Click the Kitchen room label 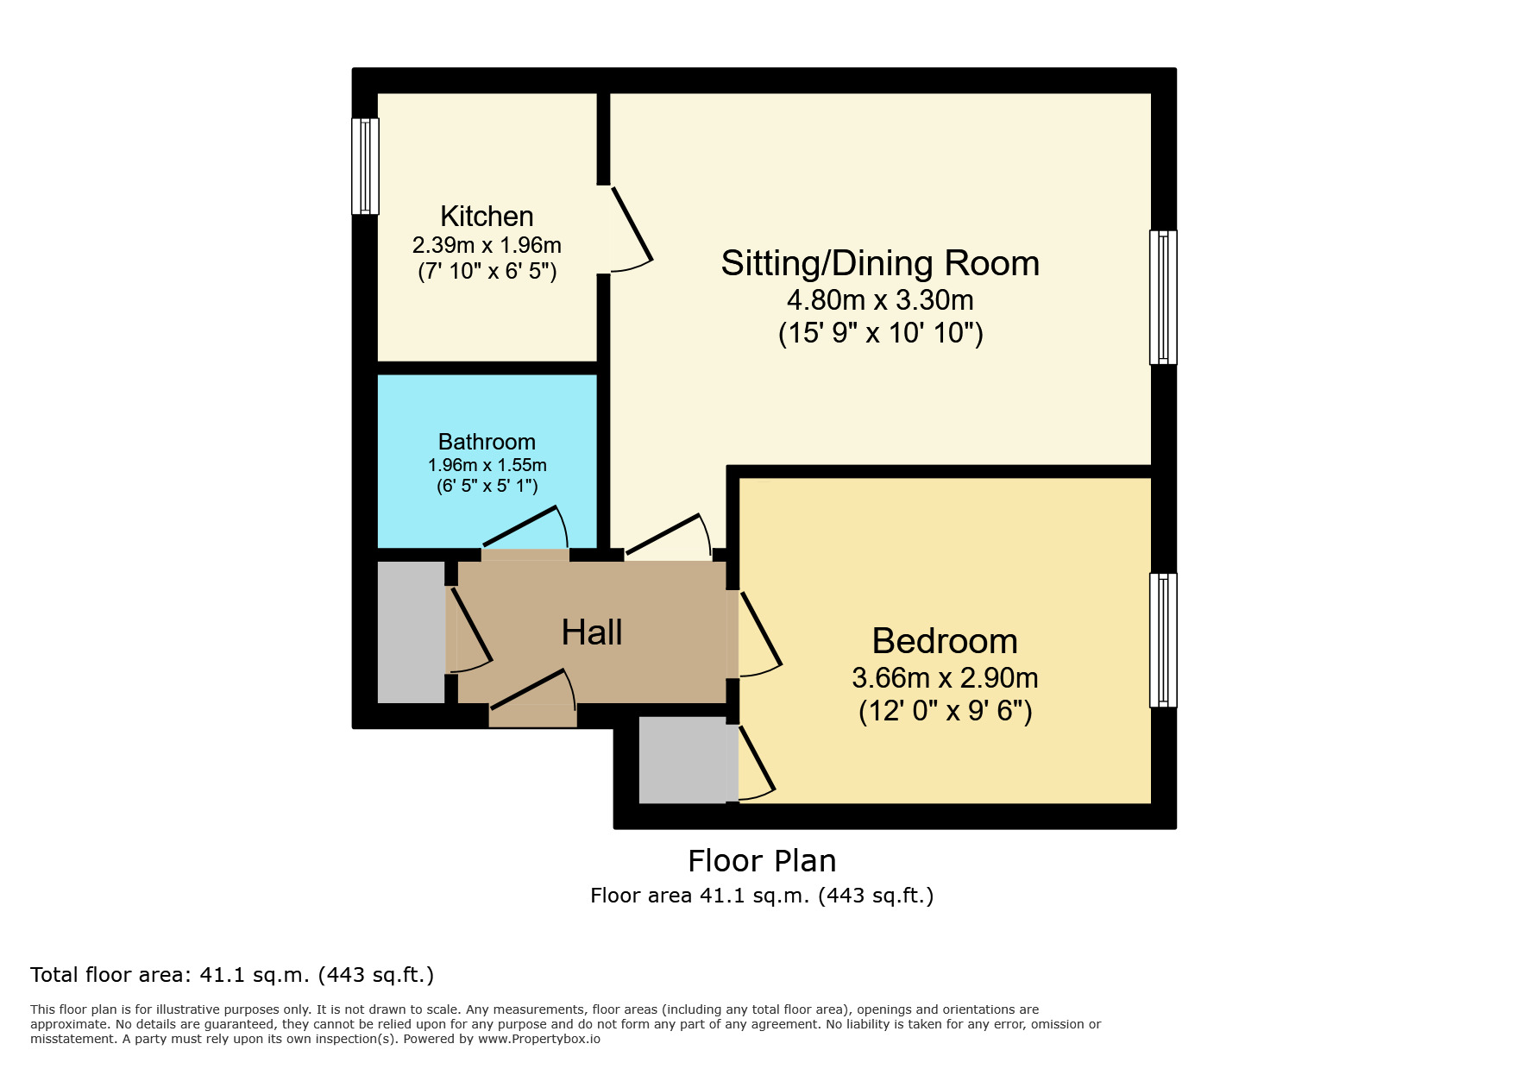click(x=487, y=216)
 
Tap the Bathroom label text click(x=487, y=442)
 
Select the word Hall click(x=592, y=632)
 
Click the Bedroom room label click(x=945, y=641)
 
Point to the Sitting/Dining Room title click(x=880, y=263)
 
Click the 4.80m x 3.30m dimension click(x=880, y=300)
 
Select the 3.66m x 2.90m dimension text click(x=945, y=678)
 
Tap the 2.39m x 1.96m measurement click(x=487, y=245)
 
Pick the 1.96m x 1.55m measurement click(x=487, y=465)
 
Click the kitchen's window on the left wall click(x=366, y=166)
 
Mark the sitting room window click(x=1163, y=297)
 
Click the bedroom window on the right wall click(x=1163, y=640)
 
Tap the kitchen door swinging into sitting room click(x=631, y=226)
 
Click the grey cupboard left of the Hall click(x=412, y=632)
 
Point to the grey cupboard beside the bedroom click(x=682, y=759)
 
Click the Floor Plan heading click(x=762, y=861)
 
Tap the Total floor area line click(x=231, y=975)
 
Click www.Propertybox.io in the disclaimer click(x=539, y=1039)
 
